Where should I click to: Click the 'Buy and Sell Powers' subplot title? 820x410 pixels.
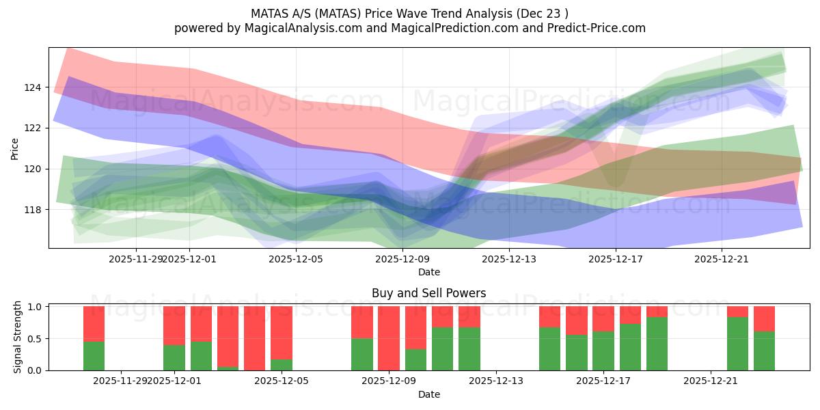[x=428, y=293]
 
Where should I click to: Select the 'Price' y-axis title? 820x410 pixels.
[x=15, y=148]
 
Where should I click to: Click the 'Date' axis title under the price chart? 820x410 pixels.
[x=428, y=272]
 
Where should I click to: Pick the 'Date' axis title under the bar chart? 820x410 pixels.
[x=428, y=394]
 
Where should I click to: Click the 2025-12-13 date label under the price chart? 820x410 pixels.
[x=509, y=259]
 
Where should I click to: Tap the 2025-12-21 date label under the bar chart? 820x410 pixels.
[x=711, y=381]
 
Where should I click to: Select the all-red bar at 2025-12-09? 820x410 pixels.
[x=389, y=338]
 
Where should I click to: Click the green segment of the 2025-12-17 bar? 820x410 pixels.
[x=603, y=351]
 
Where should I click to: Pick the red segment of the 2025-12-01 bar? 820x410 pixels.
[x=174, y=325]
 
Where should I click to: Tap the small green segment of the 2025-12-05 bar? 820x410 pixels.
[x=282, y=365]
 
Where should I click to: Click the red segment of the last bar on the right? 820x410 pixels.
[x=764, y=318]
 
